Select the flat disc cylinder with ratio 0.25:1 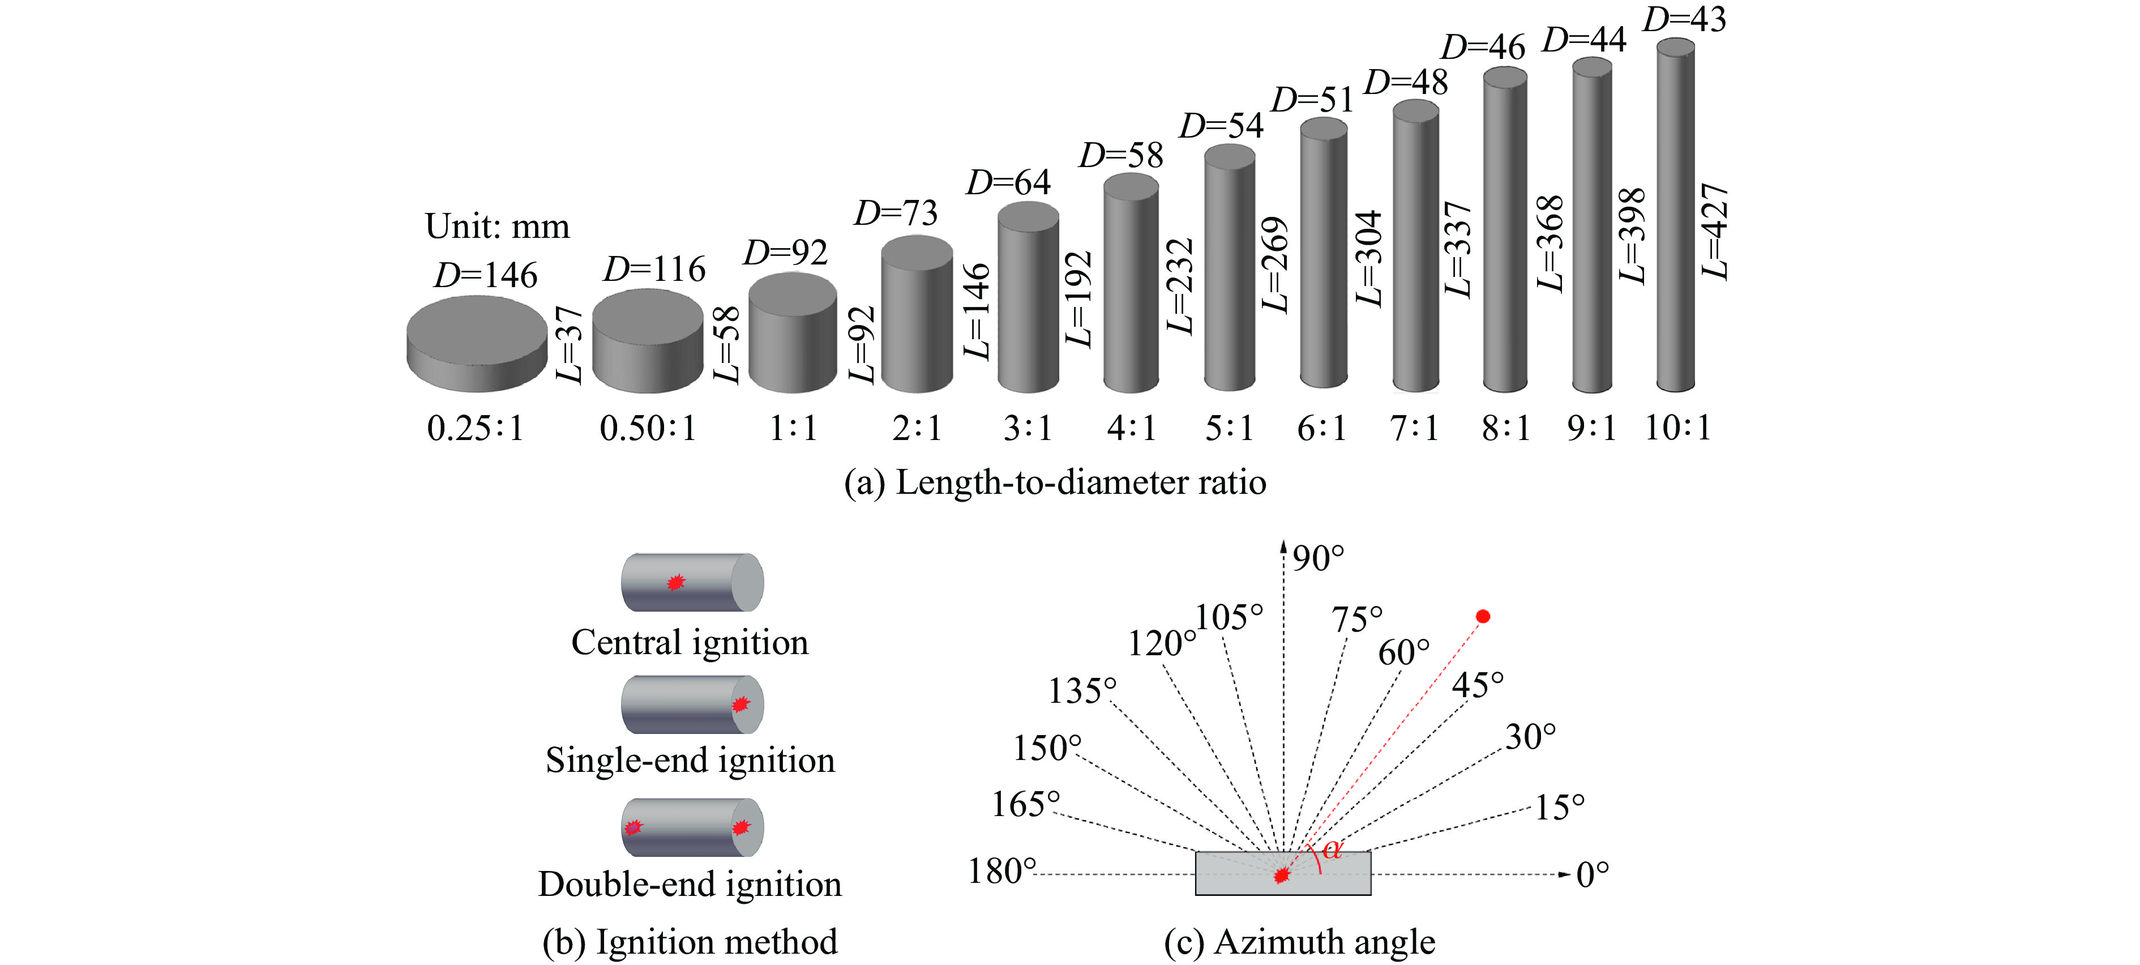coord(476,343)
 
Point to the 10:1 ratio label coord(1677,428)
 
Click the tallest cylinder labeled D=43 coord(1676,216)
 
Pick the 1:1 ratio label coord(793,428)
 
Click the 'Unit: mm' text coord(497,226)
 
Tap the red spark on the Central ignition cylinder coord(675,582)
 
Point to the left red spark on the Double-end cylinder coord(633,827)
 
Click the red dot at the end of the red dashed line coord(1483,616)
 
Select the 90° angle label coord(1317,558)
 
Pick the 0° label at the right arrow coord(1593,874)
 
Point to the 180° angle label coord(1002,871)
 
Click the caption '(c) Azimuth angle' coord(1299,942)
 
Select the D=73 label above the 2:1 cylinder coord(896,213)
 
